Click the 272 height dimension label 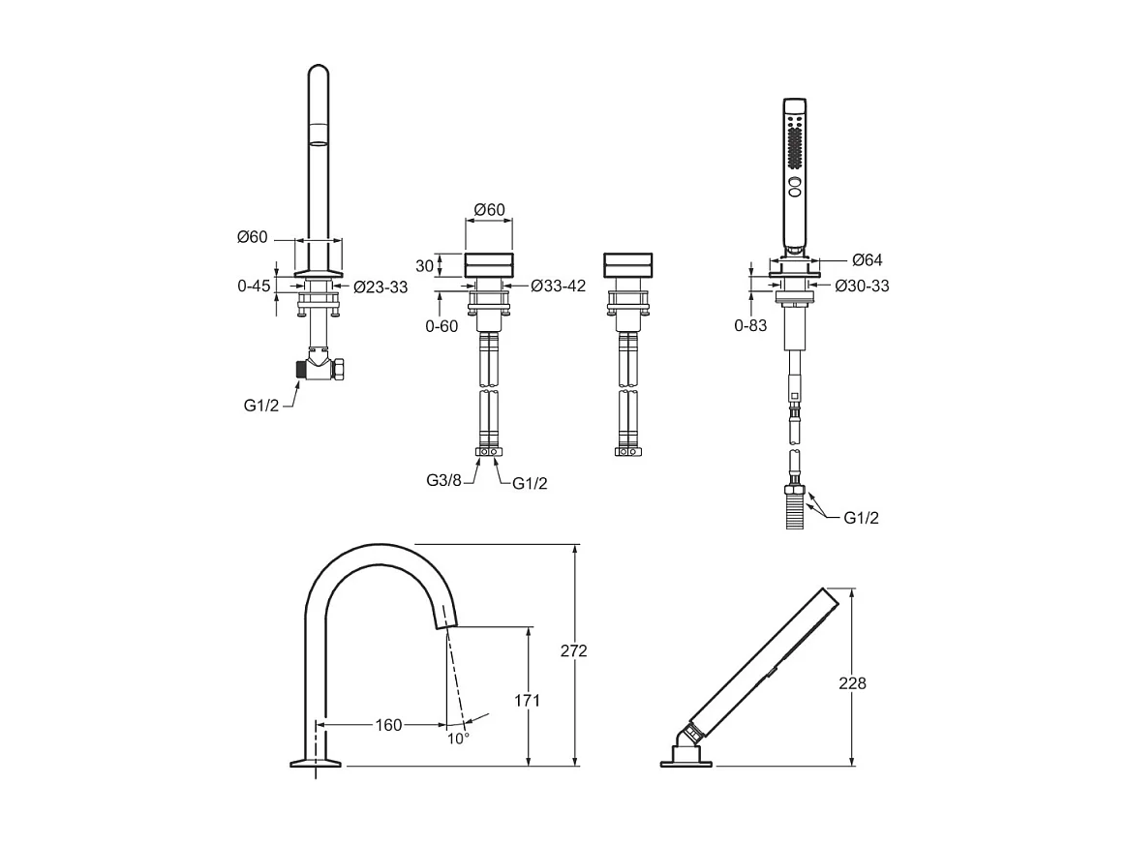573,651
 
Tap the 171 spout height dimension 528,700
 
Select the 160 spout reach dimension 388,725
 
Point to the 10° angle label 458,738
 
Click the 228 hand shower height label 852,682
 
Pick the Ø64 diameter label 867,260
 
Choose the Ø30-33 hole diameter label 862,286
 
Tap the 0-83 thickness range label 750,325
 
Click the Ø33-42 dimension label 559,286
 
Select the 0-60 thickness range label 442,326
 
